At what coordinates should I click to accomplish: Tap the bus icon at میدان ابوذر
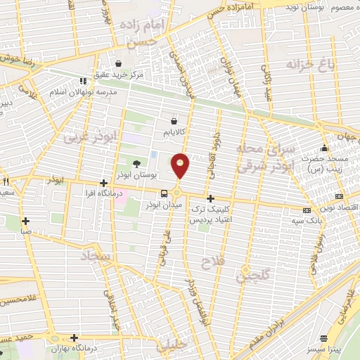coord(164,193)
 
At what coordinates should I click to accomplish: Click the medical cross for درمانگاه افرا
coord(103,183)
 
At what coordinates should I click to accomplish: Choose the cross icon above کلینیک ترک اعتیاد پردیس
coord(210,198)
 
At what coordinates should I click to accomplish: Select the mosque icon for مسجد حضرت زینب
coord(324,148)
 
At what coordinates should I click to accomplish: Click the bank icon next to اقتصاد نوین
coord(340,196)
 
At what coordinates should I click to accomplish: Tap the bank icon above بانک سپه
coord(306,210)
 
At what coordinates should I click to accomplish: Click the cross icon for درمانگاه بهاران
coord(74,337)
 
